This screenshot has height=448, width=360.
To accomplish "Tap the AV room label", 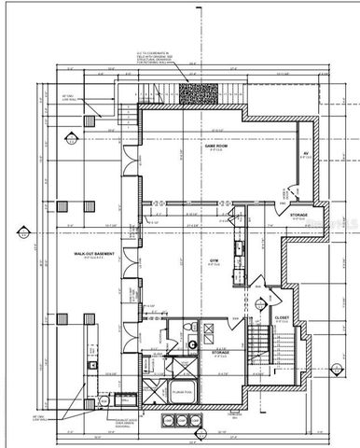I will click(305, 154).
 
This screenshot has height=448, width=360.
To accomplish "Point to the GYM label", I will click(213, 261).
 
